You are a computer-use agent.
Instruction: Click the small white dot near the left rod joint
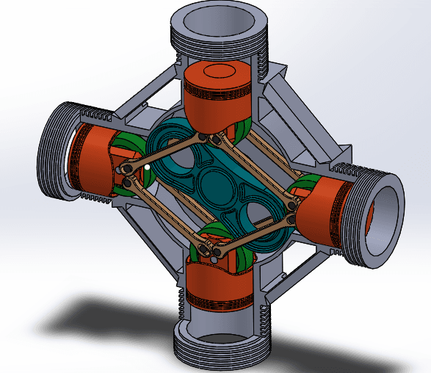coord(148,167)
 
